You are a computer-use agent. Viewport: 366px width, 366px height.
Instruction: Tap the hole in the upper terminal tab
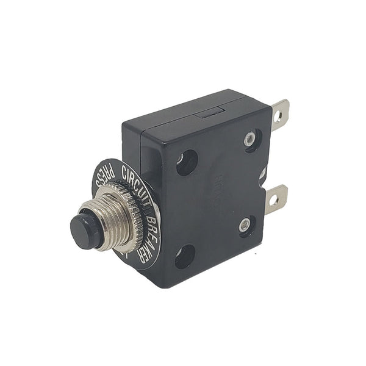tap(278, 115)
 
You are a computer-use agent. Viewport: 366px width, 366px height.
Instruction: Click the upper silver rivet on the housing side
tap(249, 139)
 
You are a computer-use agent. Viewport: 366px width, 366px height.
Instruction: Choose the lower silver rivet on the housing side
tap(245, 226)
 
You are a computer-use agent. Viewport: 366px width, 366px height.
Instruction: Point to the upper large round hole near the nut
tap(187, 163)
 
